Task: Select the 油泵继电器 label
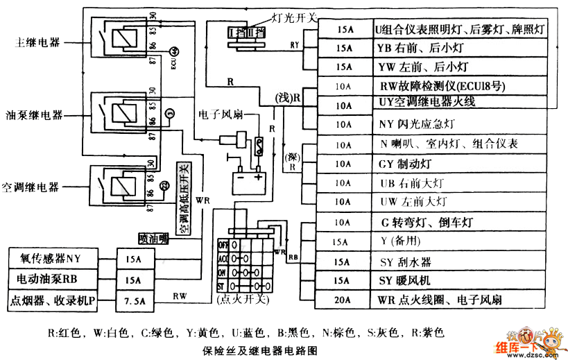(x=34, y=114)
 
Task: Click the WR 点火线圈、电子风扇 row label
(x=440, y=300)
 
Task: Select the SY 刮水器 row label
(x=406, y=263)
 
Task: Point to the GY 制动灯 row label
(x=406, y=164)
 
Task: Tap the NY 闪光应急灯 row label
(x=416, y=125)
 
